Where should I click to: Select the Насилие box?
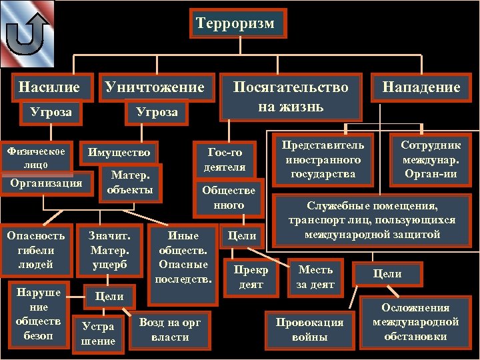(49, 87)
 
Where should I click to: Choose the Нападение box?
(421, 87)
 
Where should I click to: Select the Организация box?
(47, 183)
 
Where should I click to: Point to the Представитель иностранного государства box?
(323, 160)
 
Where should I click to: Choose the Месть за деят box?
(315, 277)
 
